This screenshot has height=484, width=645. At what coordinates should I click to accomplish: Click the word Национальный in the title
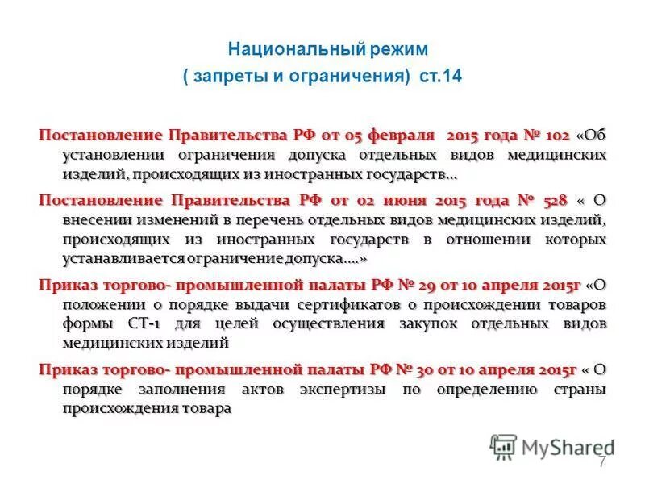[278, 48]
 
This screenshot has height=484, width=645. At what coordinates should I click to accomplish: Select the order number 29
[427, 285]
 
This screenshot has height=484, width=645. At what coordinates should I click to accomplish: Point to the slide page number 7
[601, 462]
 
